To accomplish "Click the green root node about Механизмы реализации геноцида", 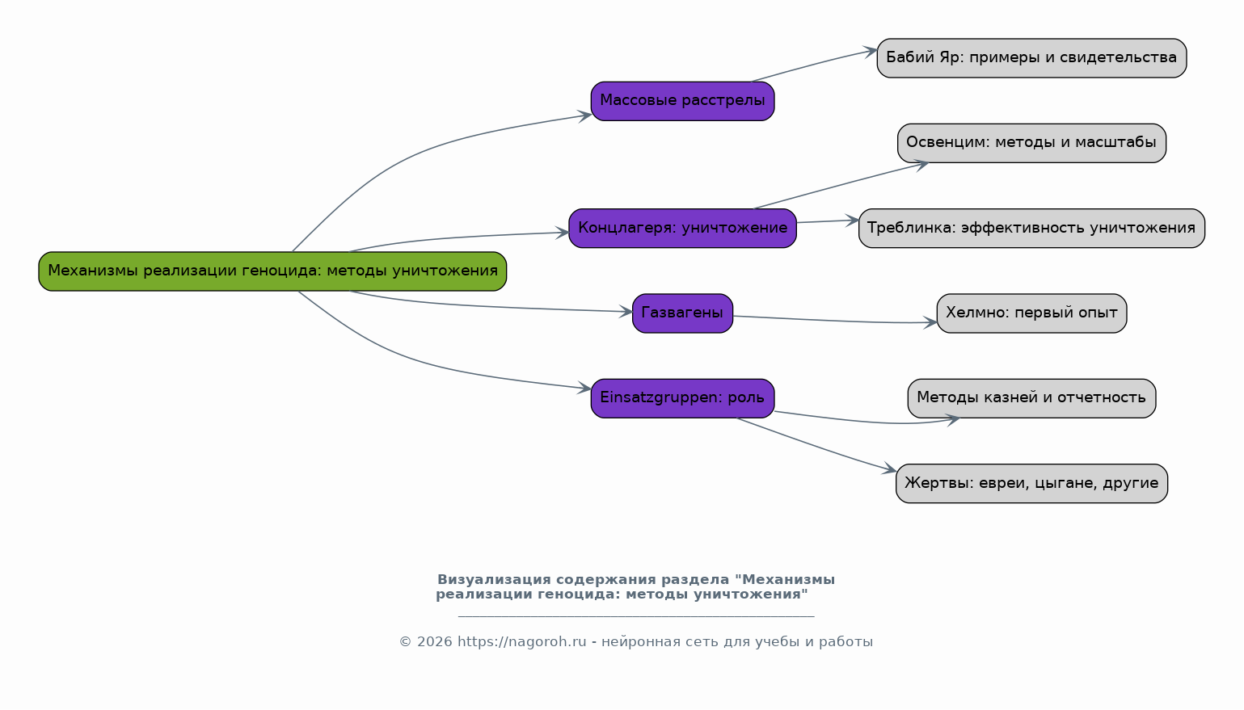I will (x=272, y=271).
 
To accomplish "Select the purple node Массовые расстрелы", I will (x=682, y=101).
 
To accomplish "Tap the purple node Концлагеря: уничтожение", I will (x=682, y=229).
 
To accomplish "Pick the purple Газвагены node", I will (x=682, y=313).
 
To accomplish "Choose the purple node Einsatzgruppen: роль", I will (x=682, y=398).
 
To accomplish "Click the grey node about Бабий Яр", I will (x=1031, y=58).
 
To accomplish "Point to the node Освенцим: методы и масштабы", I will (x=1031, y=143).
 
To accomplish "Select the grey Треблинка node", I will (x=1031, y=229).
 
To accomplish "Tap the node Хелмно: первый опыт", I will (x=1031, y=313).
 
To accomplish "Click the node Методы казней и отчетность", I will (x=1031, y=398).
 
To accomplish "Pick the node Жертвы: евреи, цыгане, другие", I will (x=1031, y=484).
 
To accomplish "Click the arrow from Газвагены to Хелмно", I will (x=833, y=321).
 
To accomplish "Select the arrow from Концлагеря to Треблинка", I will (x=826, y=221).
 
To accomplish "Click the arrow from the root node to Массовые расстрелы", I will (x=420, y=153).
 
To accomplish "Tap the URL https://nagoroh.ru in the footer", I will (x=521, y=642).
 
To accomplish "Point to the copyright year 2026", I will (x=434, y=642).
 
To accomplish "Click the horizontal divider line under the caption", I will (x=635, y=616).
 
